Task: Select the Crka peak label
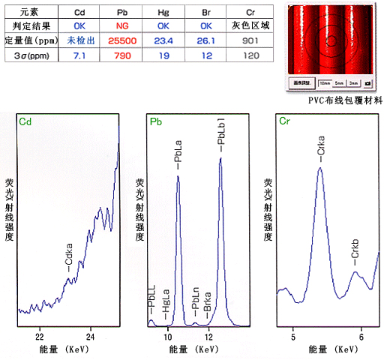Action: (320, 148)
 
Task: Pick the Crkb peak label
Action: (355, 256)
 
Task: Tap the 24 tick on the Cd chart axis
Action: (91, 337)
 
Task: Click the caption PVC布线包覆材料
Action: (343, 99)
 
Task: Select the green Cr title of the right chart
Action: (284, 121)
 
